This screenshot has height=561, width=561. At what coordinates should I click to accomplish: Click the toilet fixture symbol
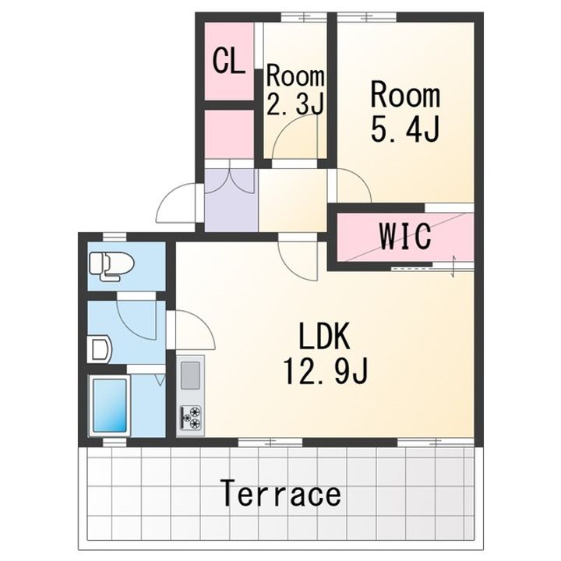[111, 266]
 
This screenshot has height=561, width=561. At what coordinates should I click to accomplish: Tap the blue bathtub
[110, 405]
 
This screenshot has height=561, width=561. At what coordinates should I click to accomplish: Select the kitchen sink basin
[190, 376]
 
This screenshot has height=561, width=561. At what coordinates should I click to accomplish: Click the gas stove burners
[190, 417]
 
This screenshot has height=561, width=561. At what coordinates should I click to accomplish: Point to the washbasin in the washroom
[100, 349]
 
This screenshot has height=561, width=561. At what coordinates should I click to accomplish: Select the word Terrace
[281, 493]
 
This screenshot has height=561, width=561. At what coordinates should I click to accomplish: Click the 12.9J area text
[325, 372]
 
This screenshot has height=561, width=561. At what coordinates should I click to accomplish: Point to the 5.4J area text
[404, 129]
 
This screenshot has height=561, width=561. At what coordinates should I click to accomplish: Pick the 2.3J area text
[295, 104]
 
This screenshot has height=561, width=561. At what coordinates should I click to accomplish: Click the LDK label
[324, 337]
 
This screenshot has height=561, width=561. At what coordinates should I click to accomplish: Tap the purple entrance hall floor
[231, 200]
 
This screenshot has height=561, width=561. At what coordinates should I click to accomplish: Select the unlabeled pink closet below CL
[229, 134]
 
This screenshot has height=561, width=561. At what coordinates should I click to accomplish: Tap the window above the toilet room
[115, 237]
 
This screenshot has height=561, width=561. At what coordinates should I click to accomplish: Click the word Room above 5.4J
[405, 96]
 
